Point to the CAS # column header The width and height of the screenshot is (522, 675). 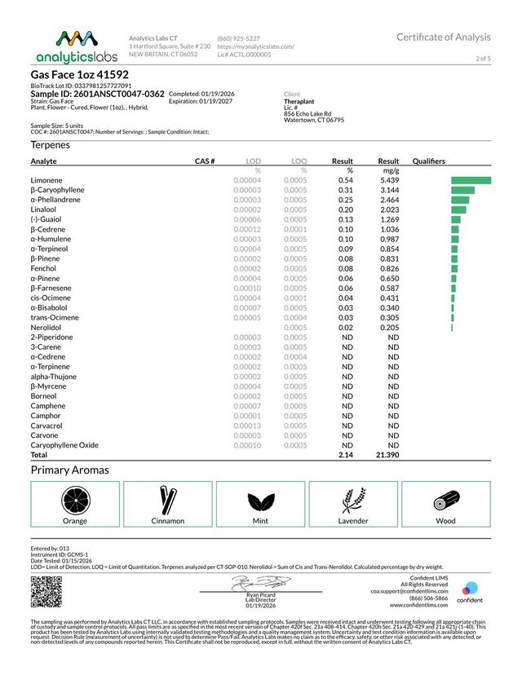click(x=204, y=161)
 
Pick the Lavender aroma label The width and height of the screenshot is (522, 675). click(x=353, y=520)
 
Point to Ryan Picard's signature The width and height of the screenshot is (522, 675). click(x=260, y=583)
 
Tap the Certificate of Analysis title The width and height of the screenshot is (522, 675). click(x=444, y=37)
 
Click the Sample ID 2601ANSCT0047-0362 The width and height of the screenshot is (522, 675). click(x=97, y=94)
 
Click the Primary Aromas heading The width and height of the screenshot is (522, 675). click(x=69, y=470)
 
